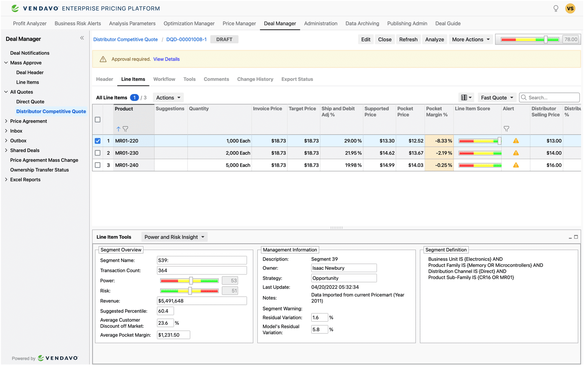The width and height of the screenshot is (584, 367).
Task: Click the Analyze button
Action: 434,40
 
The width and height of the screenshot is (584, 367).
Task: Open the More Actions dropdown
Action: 470,40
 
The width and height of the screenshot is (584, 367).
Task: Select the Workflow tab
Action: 164,79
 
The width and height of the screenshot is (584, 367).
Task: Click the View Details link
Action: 166,59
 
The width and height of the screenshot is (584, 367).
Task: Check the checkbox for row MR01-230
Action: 98,153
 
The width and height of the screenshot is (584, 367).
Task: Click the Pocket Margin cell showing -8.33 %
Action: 439,141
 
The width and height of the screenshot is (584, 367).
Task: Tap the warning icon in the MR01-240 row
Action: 516,165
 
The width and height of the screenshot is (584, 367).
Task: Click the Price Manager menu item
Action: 239,24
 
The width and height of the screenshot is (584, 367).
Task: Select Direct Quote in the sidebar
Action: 30,102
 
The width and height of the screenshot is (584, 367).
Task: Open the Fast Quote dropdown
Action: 497,98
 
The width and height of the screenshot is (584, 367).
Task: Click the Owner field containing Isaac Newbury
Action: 343,268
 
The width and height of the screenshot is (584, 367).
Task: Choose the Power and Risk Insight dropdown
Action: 174,237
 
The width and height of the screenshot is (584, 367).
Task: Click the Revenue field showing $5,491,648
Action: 202,301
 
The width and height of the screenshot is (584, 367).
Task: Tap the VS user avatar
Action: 570,8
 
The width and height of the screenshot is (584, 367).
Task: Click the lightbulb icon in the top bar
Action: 556,8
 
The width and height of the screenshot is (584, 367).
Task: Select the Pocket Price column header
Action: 410,112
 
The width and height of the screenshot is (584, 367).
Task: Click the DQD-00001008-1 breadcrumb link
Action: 186,40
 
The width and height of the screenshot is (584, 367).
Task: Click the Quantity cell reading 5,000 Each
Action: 219,165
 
